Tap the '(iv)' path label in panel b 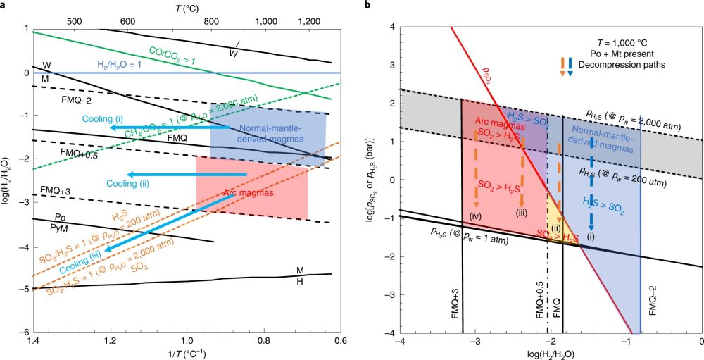477,214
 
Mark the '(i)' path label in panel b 591,237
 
